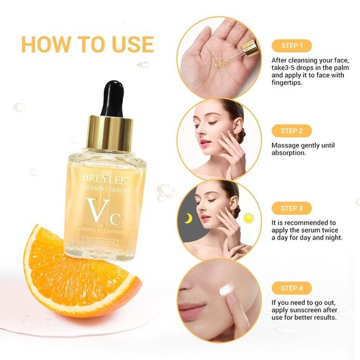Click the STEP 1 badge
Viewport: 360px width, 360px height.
point(291,46)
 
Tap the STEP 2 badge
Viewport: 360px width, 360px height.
point(291,131)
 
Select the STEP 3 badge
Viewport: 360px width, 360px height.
point(291,209)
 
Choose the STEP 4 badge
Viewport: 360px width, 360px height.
point(291,288)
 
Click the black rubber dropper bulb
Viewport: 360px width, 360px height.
point(112,98)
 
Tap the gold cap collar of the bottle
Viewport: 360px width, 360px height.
point(110,133)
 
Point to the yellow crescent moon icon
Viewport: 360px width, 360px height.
point(189,218)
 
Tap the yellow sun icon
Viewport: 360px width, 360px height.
point(249,218)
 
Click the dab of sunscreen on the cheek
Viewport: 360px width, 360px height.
point(227,290)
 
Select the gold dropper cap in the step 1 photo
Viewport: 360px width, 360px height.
point(250,47)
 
